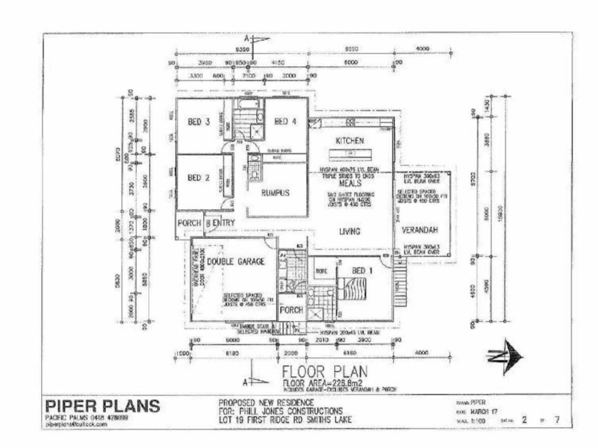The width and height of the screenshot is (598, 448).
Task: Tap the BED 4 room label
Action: pos(286,122)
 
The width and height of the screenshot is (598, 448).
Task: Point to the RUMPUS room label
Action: pos(275,193)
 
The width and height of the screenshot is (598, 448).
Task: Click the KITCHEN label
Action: pos(349,141)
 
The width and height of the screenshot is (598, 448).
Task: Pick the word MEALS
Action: pos(350,182)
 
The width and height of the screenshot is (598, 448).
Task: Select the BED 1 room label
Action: pos(362,270)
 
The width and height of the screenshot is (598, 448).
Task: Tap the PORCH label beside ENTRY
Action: pos(188,223)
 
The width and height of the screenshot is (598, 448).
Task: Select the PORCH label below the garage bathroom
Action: pos(291,309)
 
